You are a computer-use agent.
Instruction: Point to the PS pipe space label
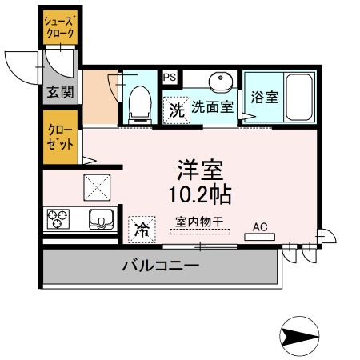click(170, 78)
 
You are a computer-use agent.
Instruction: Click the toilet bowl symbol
click(141, 101)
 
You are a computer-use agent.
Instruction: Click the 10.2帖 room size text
click(200, 193)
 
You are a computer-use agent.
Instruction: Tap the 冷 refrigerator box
click(142, 230)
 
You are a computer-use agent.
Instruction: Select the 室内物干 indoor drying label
click(200, 222)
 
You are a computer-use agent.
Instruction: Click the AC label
click(260, 227)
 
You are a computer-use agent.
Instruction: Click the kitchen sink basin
click(103, 218)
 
